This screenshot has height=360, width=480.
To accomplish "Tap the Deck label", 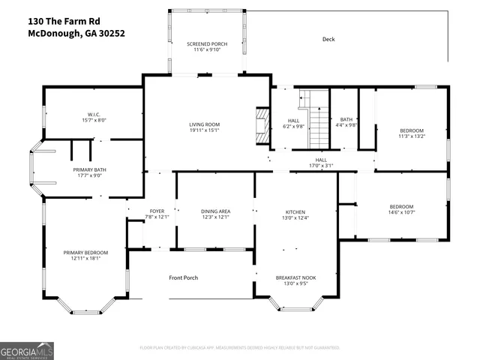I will (x=328, y=39).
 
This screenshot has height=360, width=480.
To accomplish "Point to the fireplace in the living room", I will (x=262, y=125).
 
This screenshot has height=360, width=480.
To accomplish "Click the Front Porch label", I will (x=183, y=277).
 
